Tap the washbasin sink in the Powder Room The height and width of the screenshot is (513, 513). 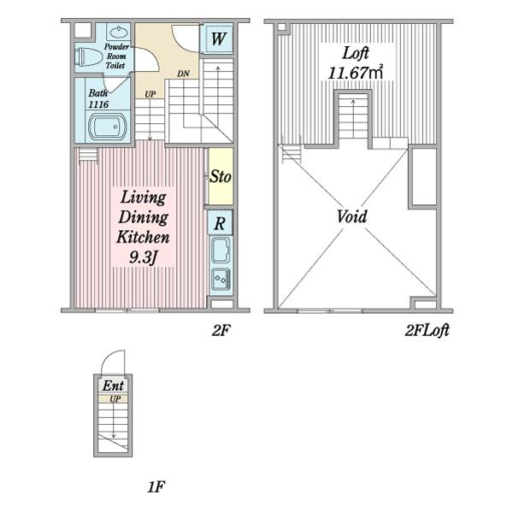(118, 32)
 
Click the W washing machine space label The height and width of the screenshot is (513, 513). (218, 38)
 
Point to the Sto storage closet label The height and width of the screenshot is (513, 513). (221, 177)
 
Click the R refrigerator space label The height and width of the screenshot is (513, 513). (220, 224)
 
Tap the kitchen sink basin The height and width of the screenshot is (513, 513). (221, 251)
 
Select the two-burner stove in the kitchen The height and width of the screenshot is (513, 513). (221, 279)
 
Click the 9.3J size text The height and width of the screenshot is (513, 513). (143, 258)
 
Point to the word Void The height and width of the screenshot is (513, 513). (352, 216)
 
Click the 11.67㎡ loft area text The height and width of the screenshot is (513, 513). (356, 73)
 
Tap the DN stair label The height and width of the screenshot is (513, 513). (183, 74)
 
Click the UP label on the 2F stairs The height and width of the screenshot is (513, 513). (150, 94)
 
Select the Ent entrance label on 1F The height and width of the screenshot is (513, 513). (113, 386)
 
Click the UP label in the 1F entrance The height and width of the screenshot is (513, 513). (115, 399)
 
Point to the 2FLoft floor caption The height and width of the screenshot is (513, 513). (427, 330)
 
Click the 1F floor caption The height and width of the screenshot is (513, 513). (156, 487)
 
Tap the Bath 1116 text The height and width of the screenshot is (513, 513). (98, 99)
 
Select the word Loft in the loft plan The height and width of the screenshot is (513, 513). (356, 53)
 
